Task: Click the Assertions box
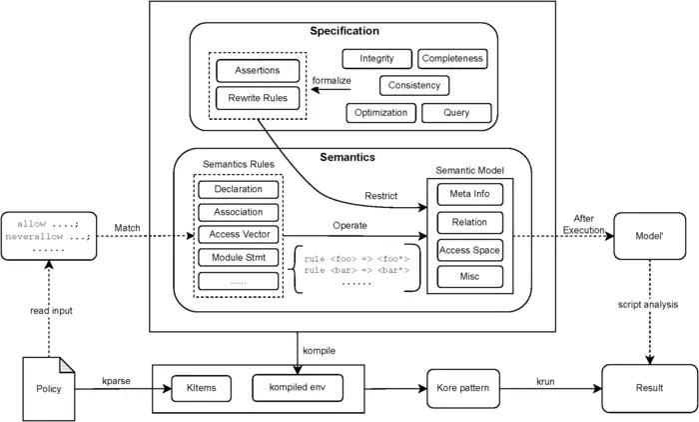pyautogui.click(x=258, y=71)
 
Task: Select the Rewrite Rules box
pyautogui.click(x=258, y=98)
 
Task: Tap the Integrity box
pyautogui.click(x=377, y=58)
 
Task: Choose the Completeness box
pyautogui.click(x=452, y=58)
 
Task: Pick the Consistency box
pyautogui.click(x=414, y=85)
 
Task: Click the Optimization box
pyautogui.click(x=381, y=113)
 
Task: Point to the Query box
pyautogui.click(x=456, y=113)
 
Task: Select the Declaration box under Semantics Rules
pyautogui.click(x=239, y=189)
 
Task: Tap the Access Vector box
pyautogui.click(x=239, y=234)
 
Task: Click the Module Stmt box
pyautogui.click(x=239, y=258)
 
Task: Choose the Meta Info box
pyautogui.click(x=470, y=194)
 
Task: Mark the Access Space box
pyautogui.click(x=470, y=251)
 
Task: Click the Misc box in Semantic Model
pyautogui.click(x=470, y=277)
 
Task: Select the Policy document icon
pyautogui.click(x=49, y=389)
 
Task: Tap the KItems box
pyautogui.click(x=202, y=388)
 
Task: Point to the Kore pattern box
pyautogui.click(x=463, y=388)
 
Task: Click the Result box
pyautogui.click(x=649, y=388)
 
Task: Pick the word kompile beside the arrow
pyautogui.click(x=320, y=351)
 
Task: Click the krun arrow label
pyautogui.click(x=545, y=382)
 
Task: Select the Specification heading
pyautogui.click(x=345, y=31)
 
